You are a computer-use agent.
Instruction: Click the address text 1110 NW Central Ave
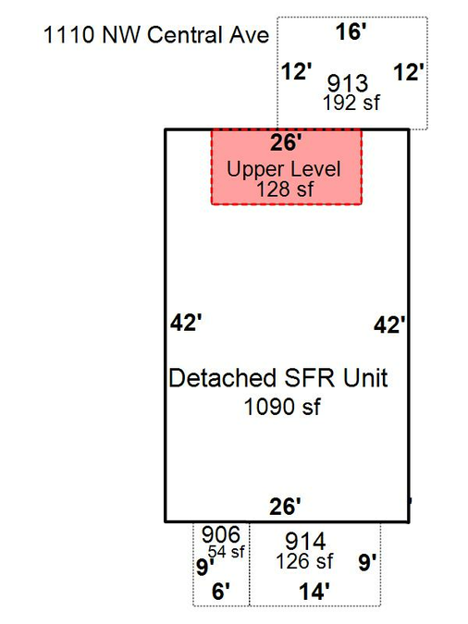click(156, 34)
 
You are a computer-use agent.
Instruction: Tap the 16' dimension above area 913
click(351, 31)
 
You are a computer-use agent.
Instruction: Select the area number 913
click(348, 83)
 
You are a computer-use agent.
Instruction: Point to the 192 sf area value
click(351, 103)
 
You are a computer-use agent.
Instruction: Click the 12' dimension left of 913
click(296, 71)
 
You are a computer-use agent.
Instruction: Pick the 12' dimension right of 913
click(409, 73)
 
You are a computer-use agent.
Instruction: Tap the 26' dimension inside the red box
click(286, 142)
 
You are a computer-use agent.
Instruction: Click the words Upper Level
click(284, 169)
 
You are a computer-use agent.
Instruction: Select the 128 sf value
click(285, 189)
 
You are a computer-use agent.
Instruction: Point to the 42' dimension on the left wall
click(186, 323)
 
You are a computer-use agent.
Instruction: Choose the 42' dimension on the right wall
click(389, 325)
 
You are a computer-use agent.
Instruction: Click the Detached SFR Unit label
click(278, 378)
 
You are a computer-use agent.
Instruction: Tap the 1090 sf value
click(282, 407)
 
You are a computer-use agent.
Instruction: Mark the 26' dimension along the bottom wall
click(285, 507)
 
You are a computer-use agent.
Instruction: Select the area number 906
click(221, 534)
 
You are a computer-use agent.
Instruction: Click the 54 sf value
click(227, 552)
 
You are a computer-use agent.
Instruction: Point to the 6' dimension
click(221, 592)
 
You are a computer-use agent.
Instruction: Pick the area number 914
click(305, 541)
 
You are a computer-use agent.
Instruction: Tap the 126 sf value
click(304, 561)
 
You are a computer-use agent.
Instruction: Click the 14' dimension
click(314, 592)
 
